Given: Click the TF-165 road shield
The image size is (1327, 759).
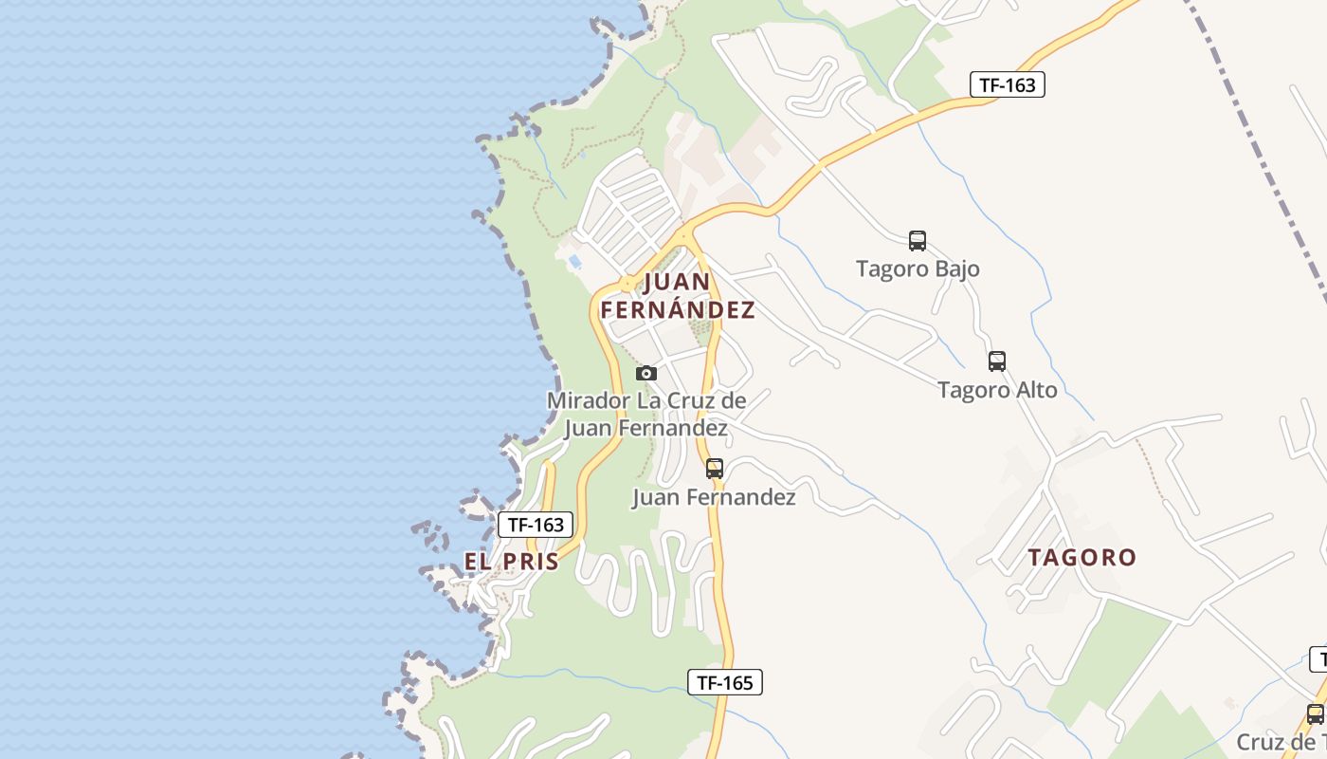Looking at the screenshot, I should (x=725, y=681).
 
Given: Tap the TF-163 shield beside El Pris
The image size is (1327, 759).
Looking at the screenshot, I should (x=536, y=525).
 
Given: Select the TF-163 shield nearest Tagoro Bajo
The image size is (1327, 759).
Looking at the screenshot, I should (x=1007, y=84).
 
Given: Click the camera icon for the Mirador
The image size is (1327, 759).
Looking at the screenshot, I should (x=646, y=373).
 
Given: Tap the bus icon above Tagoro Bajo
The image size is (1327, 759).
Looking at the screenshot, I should (x=917, y=241).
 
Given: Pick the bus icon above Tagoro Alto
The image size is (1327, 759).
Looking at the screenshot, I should (x=996, y=361).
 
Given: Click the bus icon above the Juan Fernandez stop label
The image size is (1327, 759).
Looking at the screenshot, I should (x=715, y=468).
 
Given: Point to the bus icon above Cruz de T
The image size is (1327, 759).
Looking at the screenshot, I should (x=1315, y=714).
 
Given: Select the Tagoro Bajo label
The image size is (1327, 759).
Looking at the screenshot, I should (x=918, y=268).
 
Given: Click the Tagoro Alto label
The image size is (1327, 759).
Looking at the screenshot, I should (x=997, y=389).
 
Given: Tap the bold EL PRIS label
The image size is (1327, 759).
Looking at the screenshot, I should (x=512, y=562).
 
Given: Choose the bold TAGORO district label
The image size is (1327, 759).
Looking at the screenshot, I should (x=1082, y=557).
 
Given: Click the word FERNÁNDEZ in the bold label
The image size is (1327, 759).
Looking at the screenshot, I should (x=678, y=310).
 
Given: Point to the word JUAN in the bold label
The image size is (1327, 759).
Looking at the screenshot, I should (x=678, y=282).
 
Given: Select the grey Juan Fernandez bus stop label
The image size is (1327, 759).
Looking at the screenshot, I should (x=714, y=497).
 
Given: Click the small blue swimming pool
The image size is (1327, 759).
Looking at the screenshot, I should (x=574, y=261).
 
